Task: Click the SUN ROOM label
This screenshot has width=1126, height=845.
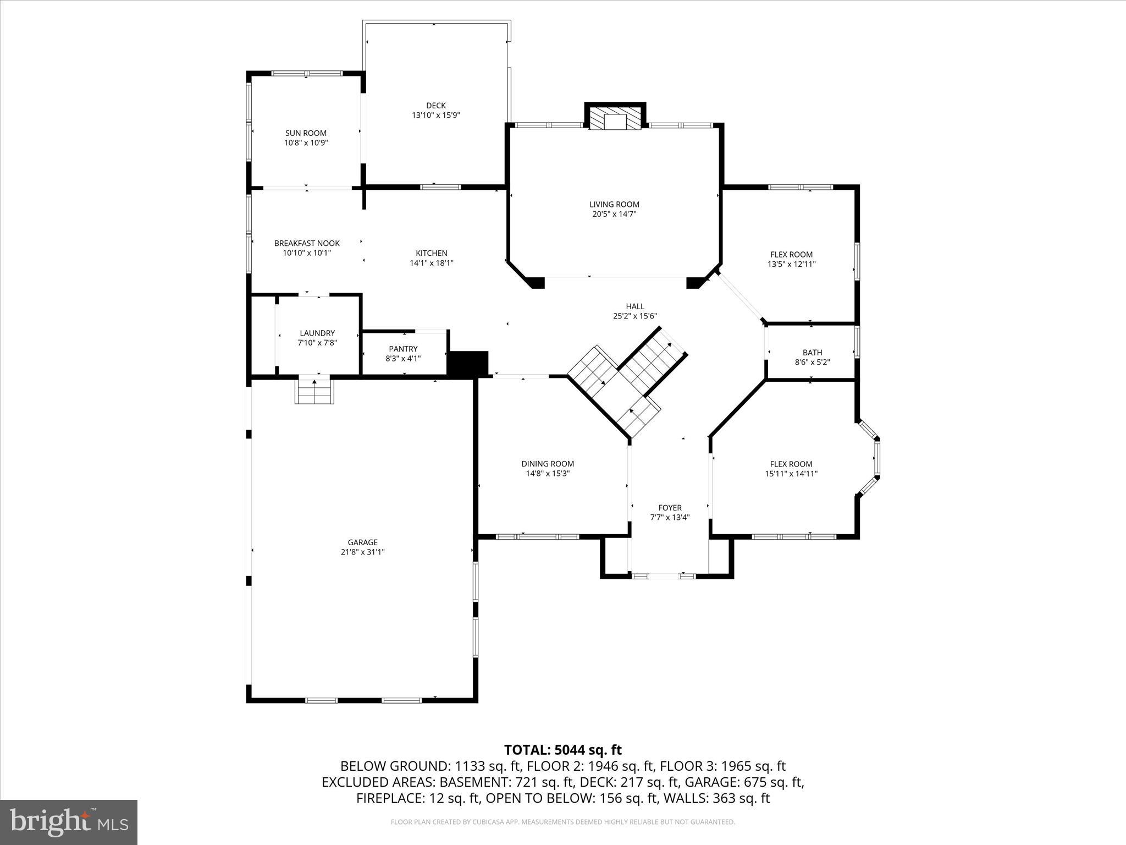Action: coord(306,133)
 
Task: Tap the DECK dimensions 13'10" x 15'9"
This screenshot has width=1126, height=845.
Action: coord(435,116)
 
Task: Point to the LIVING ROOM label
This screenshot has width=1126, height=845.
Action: coord(614,205)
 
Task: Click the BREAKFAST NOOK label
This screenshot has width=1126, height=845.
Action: coord(307,243)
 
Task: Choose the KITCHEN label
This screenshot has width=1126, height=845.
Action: coord(431,253)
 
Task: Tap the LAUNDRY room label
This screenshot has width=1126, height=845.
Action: coord(317,333)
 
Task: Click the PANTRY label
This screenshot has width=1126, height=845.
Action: coord(403,349)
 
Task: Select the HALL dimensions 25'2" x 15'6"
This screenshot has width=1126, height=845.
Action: coord(635,316)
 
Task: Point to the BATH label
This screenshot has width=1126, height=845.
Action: coord(812,353)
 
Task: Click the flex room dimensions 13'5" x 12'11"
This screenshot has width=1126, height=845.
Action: coord(791,264)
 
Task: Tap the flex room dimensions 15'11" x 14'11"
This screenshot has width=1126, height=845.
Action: coord(791,474)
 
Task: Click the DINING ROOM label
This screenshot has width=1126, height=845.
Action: coord(548,464)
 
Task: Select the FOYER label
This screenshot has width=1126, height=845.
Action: coord(670,508)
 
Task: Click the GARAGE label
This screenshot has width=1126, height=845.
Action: coord(362,542)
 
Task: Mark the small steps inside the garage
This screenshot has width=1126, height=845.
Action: coord(314,392)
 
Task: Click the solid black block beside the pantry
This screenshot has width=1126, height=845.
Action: coord(468,364)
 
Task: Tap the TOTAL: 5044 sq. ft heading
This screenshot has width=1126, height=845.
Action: coord(562,750)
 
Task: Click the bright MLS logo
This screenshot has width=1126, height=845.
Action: coord(69,822)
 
